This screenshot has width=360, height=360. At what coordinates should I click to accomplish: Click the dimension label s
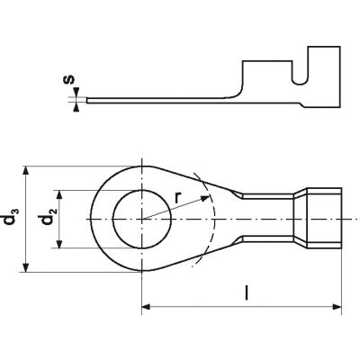click(x=69, y=79)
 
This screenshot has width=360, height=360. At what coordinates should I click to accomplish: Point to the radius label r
click(x=178, y=198)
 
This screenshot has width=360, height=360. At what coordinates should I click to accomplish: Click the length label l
click(x=247, y=292)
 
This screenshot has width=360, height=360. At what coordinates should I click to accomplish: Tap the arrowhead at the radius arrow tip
click(x=205, y=198)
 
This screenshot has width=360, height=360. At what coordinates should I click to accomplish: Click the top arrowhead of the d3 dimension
click(x=26, y=170)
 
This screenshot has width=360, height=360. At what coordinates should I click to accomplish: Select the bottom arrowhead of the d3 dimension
click(x=26, y=267)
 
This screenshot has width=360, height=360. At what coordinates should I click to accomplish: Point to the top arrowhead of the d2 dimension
click(x=59, y=194)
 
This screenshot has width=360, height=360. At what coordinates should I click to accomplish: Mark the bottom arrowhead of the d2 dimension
click(x=59, y=244)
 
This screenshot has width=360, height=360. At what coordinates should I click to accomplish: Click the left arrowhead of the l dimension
click(x=146, y=307)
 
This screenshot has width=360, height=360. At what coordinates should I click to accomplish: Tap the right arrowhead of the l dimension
click(x=337, y=307)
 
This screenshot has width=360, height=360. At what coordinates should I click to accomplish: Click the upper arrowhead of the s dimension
click(x=76, y=93)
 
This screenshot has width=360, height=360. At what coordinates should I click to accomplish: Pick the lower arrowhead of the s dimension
click(x=76, y=107)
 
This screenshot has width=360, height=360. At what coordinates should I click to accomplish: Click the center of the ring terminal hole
click(x=142, y=219)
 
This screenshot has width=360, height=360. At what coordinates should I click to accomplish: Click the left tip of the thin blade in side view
click(x=86, y=100)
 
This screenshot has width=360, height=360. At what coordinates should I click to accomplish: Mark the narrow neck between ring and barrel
click(x=267, y=218)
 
